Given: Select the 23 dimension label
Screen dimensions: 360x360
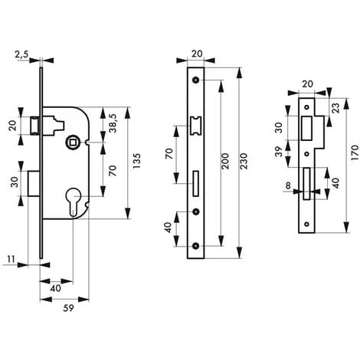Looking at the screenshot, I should point(335,109).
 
